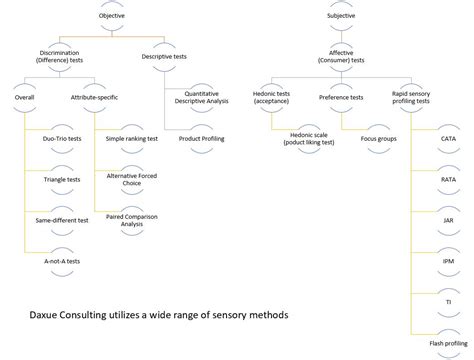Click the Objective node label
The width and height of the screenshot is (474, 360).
112,16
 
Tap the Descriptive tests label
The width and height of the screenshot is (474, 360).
166,57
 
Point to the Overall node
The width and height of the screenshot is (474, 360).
26,97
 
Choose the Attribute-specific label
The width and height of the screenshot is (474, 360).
95,97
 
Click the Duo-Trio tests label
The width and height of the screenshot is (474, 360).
62,138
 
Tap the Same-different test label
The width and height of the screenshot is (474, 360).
61,220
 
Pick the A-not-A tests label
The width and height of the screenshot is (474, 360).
62,261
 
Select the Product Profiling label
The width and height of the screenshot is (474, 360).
202,138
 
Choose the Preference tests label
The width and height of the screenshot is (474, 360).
342,97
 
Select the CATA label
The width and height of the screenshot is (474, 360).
448,137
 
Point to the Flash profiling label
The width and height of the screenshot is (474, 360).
447,343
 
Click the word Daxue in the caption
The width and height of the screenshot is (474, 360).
46,313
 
